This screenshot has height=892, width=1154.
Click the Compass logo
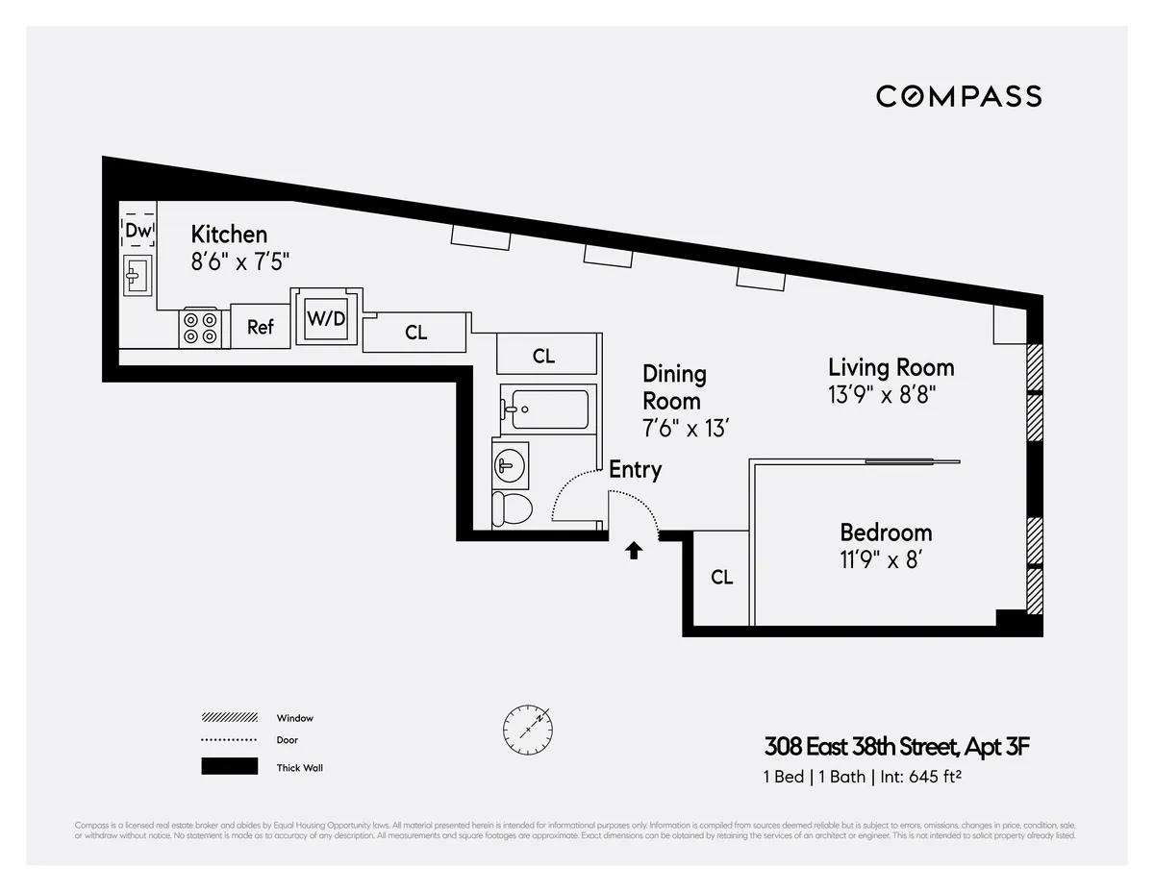[x=959, y=96]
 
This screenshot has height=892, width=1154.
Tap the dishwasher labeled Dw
[x=138, y=231]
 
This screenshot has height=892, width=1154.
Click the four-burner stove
[x=202, y=327]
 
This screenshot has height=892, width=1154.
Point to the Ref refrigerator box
[x=261, y=328]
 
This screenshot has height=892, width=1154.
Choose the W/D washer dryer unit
[x=326, y=318]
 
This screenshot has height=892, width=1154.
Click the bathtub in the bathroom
[x=544, y=409]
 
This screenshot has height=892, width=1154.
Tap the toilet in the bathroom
[x=511, y=508]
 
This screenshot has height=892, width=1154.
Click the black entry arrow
[x=634, y=551]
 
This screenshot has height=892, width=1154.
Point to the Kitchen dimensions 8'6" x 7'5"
[x=239, y=260]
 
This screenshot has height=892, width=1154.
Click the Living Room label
[x=891, y=367]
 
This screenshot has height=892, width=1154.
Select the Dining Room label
[x=673, y=387]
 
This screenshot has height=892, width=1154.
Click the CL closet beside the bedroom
[x=721, y=578]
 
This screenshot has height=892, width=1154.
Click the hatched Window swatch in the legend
[x=229, y=718]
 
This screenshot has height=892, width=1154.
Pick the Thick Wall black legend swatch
[x=229, y=767]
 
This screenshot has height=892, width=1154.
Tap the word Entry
[x=635, y=470]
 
